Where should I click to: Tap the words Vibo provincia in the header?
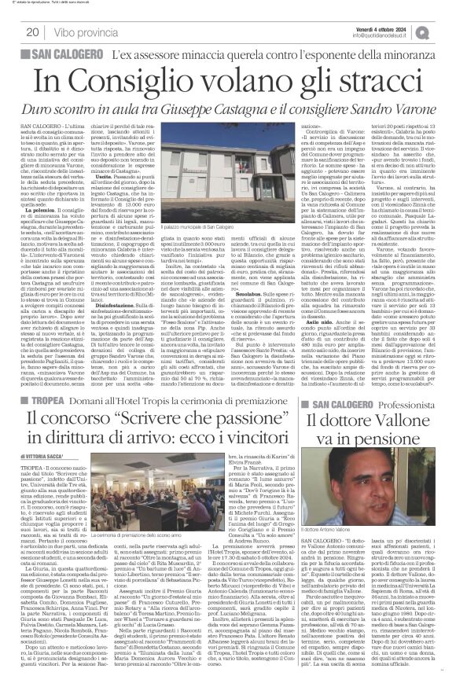(84, 32)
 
